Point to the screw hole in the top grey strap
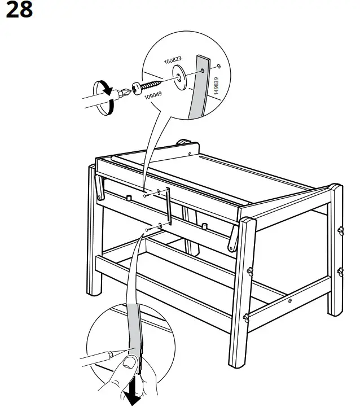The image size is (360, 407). pos(201,72)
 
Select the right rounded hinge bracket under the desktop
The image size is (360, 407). pos(233,240)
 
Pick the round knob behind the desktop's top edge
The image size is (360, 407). pos(185,142)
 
